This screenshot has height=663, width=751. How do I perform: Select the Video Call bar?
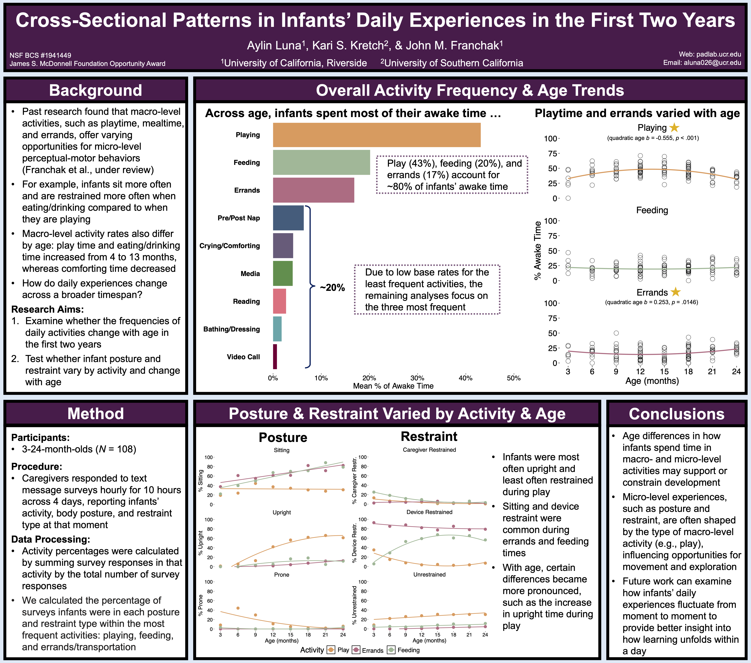(275, 356)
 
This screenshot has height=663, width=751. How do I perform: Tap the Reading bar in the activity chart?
(279, 301)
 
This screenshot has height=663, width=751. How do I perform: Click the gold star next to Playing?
(674, 128)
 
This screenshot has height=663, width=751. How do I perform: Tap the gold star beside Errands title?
(675, 292)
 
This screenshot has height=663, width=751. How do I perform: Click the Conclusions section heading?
(676, 414)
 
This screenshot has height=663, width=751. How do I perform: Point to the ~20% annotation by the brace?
(332, 288)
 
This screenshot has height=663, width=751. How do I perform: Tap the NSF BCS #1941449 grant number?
(40, 55)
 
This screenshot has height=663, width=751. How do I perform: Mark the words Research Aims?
(47, 309)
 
